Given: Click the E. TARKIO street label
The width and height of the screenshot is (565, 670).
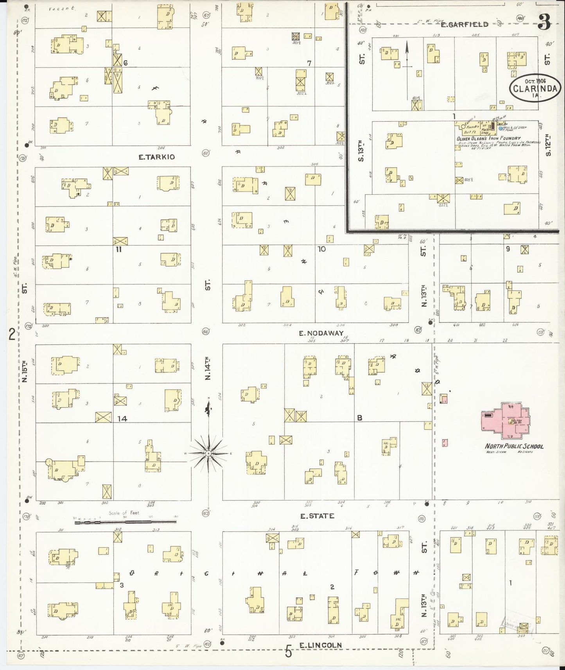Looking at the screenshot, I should [156, 157].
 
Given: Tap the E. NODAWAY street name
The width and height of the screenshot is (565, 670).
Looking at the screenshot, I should [321, 333].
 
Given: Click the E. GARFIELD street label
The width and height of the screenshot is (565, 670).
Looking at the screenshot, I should [464, 24].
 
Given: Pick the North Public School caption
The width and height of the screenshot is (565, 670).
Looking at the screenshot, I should [514, 446].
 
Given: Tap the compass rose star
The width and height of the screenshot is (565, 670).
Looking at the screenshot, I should [209, 453].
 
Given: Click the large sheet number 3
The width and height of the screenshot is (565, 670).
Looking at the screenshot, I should [543, 23].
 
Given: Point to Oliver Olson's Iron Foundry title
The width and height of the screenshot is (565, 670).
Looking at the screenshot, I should [488, 138].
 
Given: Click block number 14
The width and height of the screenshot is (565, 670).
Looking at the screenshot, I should [122, 419].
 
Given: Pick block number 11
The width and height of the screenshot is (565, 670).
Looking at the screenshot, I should [119, 249].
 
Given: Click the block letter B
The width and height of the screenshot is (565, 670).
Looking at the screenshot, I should [359, 418].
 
